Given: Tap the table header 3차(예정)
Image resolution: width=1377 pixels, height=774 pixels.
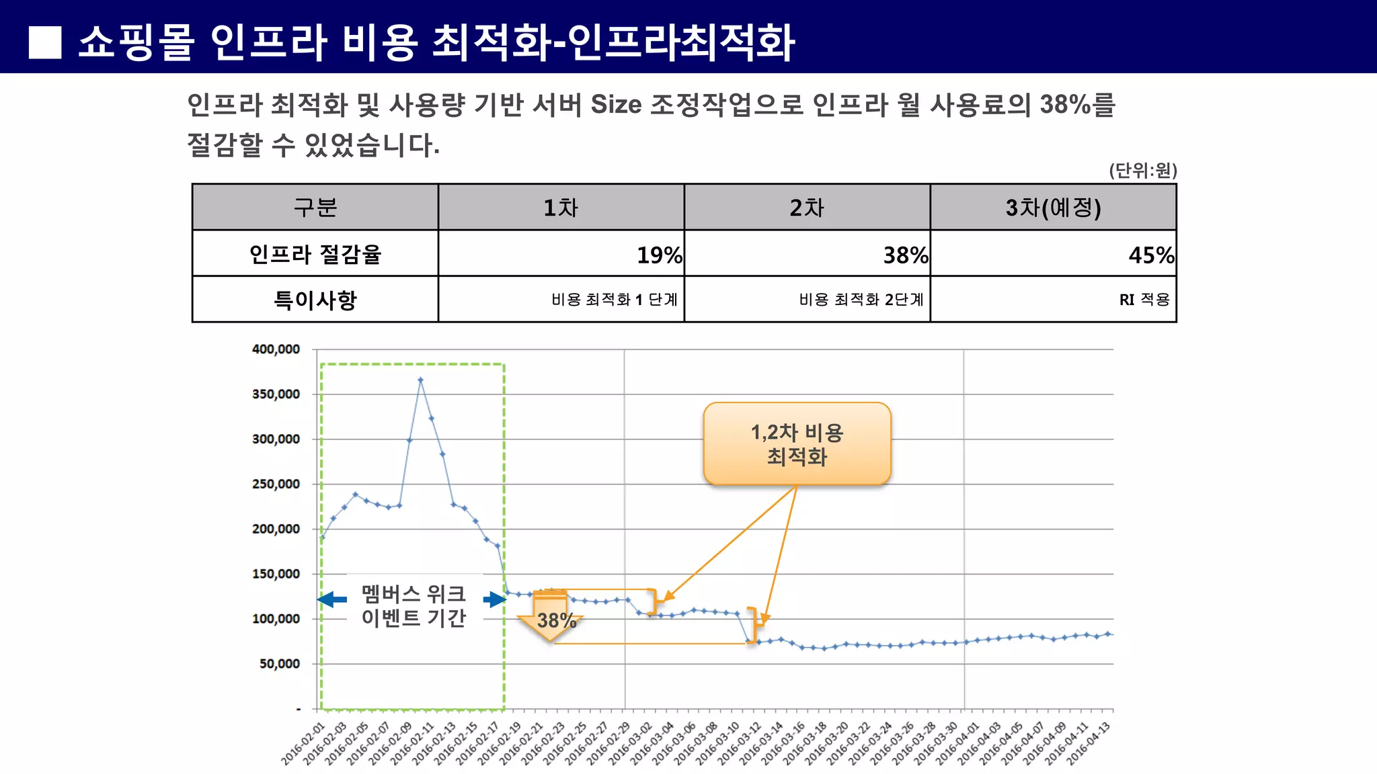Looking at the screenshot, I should click(1053, 208).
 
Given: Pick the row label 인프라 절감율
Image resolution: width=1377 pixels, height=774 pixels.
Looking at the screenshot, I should click(315, 254).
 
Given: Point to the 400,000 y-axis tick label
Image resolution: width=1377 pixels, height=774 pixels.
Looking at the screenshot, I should click(276, 349).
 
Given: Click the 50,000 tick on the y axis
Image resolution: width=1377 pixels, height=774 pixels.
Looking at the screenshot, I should click(280, 664).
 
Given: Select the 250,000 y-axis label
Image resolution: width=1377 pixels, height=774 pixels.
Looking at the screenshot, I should click(276, 484).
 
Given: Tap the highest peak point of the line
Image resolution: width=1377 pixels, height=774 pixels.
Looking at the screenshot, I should click(420, 380).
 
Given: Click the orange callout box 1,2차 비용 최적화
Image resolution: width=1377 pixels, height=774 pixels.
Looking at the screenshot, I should click(797, 444).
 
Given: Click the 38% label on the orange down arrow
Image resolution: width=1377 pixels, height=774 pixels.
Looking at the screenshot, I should click(555, 620).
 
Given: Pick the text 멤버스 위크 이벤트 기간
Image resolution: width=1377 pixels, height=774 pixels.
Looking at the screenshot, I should click(414, 605).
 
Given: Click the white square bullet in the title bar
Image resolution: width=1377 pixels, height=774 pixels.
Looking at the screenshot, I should click(45, 42).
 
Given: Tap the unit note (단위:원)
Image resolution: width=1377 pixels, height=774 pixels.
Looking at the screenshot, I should click(1142, 171).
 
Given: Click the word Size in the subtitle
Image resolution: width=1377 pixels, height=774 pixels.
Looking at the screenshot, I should click(616, 105).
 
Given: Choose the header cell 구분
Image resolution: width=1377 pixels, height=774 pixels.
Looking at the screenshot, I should click(315, 208).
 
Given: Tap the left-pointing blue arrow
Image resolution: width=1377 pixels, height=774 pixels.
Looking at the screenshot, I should click(331, 599).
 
